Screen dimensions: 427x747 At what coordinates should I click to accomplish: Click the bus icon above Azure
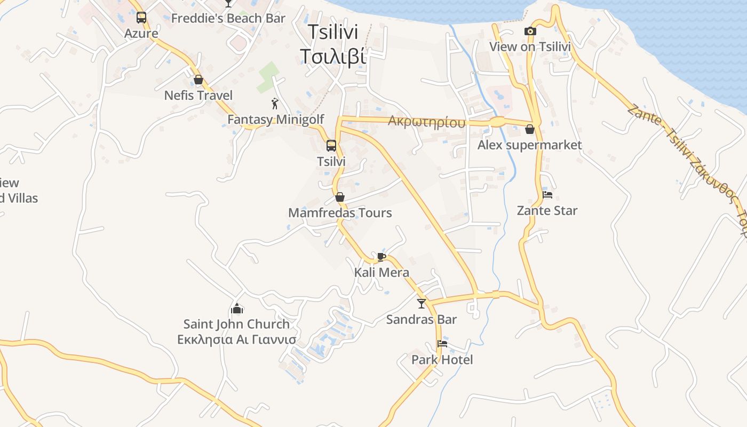click(x=141, y=18)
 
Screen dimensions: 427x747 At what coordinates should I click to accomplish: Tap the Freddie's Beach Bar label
click(x=228, y=18)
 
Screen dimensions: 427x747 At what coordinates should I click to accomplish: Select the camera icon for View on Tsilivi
click(x=530, y=31)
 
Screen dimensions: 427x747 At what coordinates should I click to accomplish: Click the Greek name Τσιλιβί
click(x=333, y=56)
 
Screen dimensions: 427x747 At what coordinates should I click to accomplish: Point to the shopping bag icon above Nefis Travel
click(x=198, y=80)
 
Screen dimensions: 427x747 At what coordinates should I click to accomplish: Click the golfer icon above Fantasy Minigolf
click(x=275, y=104)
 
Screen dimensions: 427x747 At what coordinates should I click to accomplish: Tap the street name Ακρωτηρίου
click(x=426, y=122)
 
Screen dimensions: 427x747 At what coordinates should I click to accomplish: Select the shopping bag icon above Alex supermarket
click(x=530, y=129)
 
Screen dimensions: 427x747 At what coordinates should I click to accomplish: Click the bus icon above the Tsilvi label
click(x=331, y=146)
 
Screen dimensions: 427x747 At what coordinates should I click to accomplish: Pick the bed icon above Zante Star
click(x=547, y=195)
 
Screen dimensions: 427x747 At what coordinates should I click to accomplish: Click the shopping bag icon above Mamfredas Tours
click(x=340, y=197)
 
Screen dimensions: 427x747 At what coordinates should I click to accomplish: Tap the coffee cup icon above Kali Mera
click(x=381, y=257)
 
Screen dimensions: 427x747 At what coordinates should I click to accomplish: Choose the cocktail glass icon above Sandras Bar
click(x=422, y=304)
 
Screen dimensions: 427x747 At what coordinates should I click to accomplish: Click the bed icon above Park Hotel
click(x=442, y=344)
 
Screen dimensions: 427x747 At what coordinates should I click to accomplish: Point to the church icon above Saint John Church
click(x=237, y=309)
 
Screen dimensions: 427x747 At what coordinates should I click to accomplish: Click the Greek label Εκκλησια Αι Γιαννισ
click(x=236, y=340)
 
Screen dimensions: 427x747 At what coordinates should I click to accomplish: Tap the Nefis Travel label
click(x=198, y=96)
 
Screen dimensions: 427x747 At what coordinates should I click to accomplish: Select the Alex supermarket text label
click(x=529, y=145)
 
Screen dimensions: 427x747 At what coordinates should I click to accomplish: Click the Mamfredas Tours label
click(x=340, y=213)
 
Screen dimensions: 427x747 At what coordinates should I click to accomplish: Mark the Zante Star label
click(x=547, y=211)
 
